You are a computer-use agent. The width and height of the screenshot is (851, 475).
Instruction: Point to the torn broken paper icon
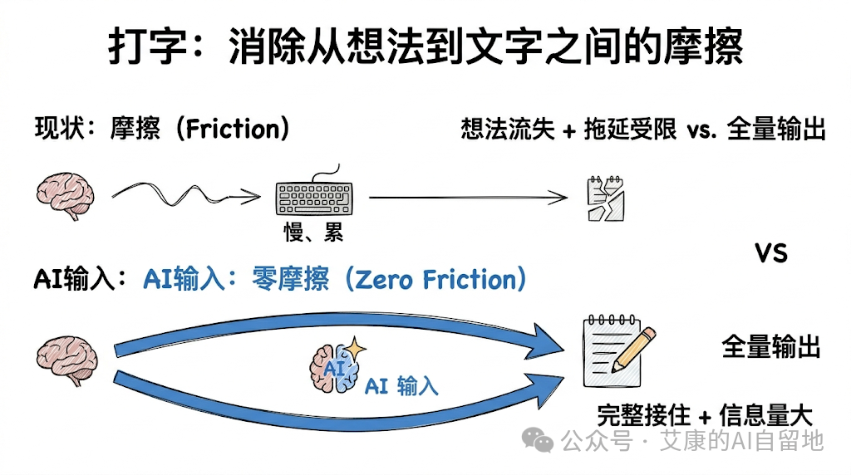click(x=606, y=198)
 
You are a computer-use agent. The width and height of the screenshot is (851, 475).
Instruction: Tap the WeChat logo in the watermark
click(x=541, y=440)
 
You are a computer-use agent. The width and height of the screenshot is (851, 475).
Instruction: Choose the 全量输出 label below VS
click(x=770, y=347)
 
